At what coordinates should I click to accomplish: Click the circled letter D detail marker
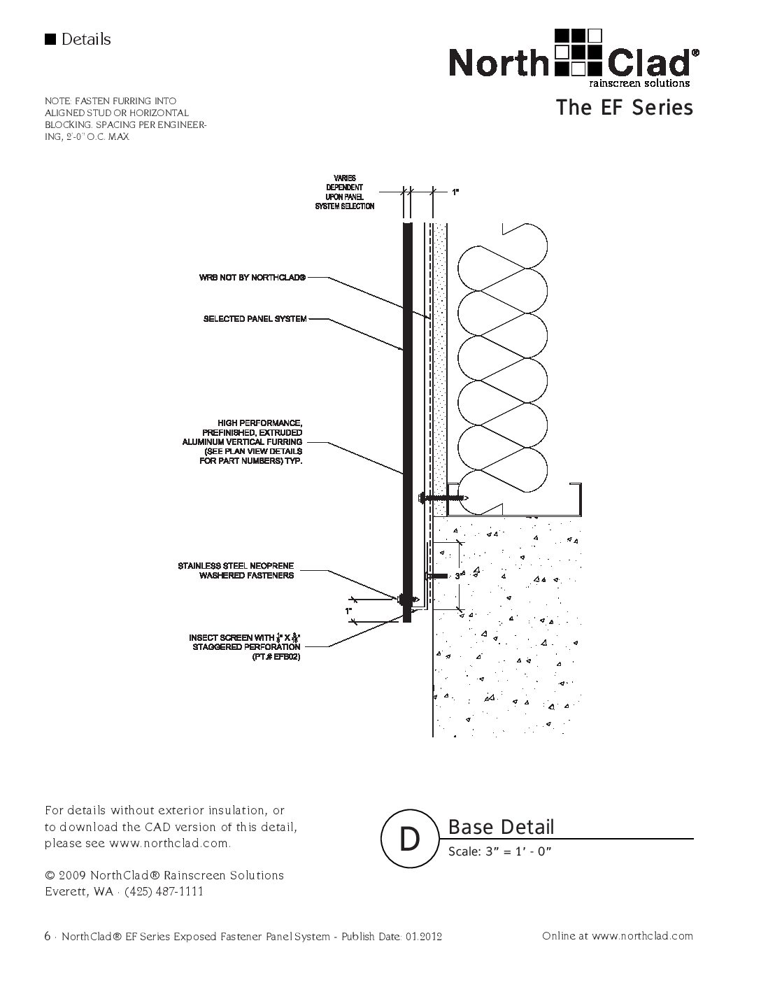pyautogui.click(x=409, y=838)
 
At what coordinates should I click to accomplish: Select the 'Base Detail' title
pyautogui.click(x=501, y=827)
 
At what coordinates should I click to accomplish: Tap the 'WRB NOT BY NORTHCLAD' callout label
pyautogui.click(x=252, y=278)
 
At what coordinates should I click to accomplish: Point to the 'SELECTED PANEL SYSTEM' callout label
pyautogui.click(x=255, y=319)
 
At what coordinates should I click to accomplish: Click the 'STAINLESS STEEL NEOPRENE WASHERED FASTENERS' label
pyautogui.click(x=236, y=570)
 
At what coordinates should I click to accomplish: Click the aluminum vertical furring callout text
pyautogui.click(x=242, y=442)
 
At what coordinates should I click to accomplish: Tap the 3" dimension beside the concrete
pyautogui.click(x=457, y=576)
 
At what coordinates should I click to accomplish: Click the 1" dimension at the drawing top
pyautogui.click(x=455, y=191)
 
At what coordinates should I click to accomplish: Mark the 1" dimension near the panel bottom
pyautogui.click(x=348, y=611)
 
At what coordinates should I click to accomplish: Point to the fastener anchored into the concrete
pyautogui.click(x=437, y=576)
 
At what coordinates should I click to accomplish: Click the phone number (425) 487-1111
pyautogui.click(x=164, y=891)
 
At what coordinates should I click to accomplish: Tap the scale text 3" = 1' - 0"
pyautogui.click(x=501, y=852)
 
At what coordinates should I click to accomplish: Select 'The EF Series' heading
pyautogui.click(x=624, y=108)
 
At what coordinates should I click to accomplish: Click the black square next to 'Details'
pyautogui.click(x=50, y=39)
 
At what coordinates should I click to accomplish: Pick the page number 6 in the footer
pyautogui.click(x=47, y=936)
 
